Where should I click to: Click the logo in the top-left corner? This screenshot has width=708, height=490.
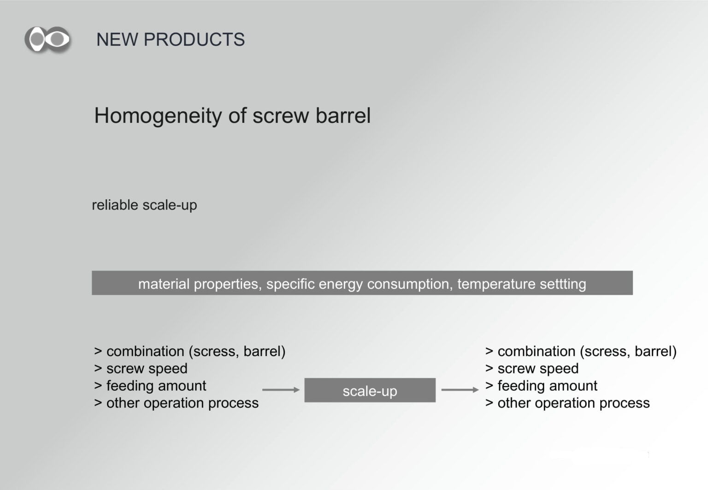click(48, 40)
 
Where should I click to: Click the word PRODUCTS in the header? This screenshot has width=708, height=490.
click(194, 40)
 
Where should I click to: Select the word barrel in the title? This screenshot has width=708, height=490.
click(343, 115)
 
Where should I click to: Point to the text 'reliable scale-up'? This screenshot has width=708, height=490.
click(144, 205)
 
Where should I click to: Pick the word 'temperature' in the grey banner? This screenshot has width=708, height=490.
click(496, 284)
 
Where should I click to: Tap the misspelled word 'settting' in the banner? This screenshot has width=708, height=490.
click(563, 284)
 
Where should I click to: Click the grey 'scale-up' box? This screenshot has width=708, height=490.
click(370, 390)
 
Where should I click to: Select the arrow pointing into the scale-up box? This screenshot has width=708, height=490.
click(281, 390)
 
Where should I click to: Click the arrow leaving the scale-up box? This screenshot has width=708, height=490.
click(460, 390)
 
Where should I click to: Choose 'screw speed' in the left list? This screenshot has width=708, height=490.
click(147, 369)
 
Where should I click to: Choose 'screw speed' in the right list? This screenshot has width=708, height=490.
click(538, 369)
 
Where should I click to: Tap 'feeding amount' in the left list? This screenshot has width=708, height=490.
click(156, 386)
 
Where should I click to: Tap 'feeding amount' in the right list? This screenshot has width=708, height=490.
click(548, 386)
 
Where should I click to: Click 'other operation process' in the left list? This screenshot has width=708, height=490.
click(183, 403)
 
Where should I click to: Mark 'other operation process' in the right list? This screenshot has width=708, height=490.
click(574, 403)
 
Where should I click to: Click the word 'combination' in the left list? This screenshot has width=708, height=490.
click(145, 352)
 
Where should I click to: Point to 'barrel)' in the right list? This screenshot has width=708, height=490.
click(655, 352)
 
